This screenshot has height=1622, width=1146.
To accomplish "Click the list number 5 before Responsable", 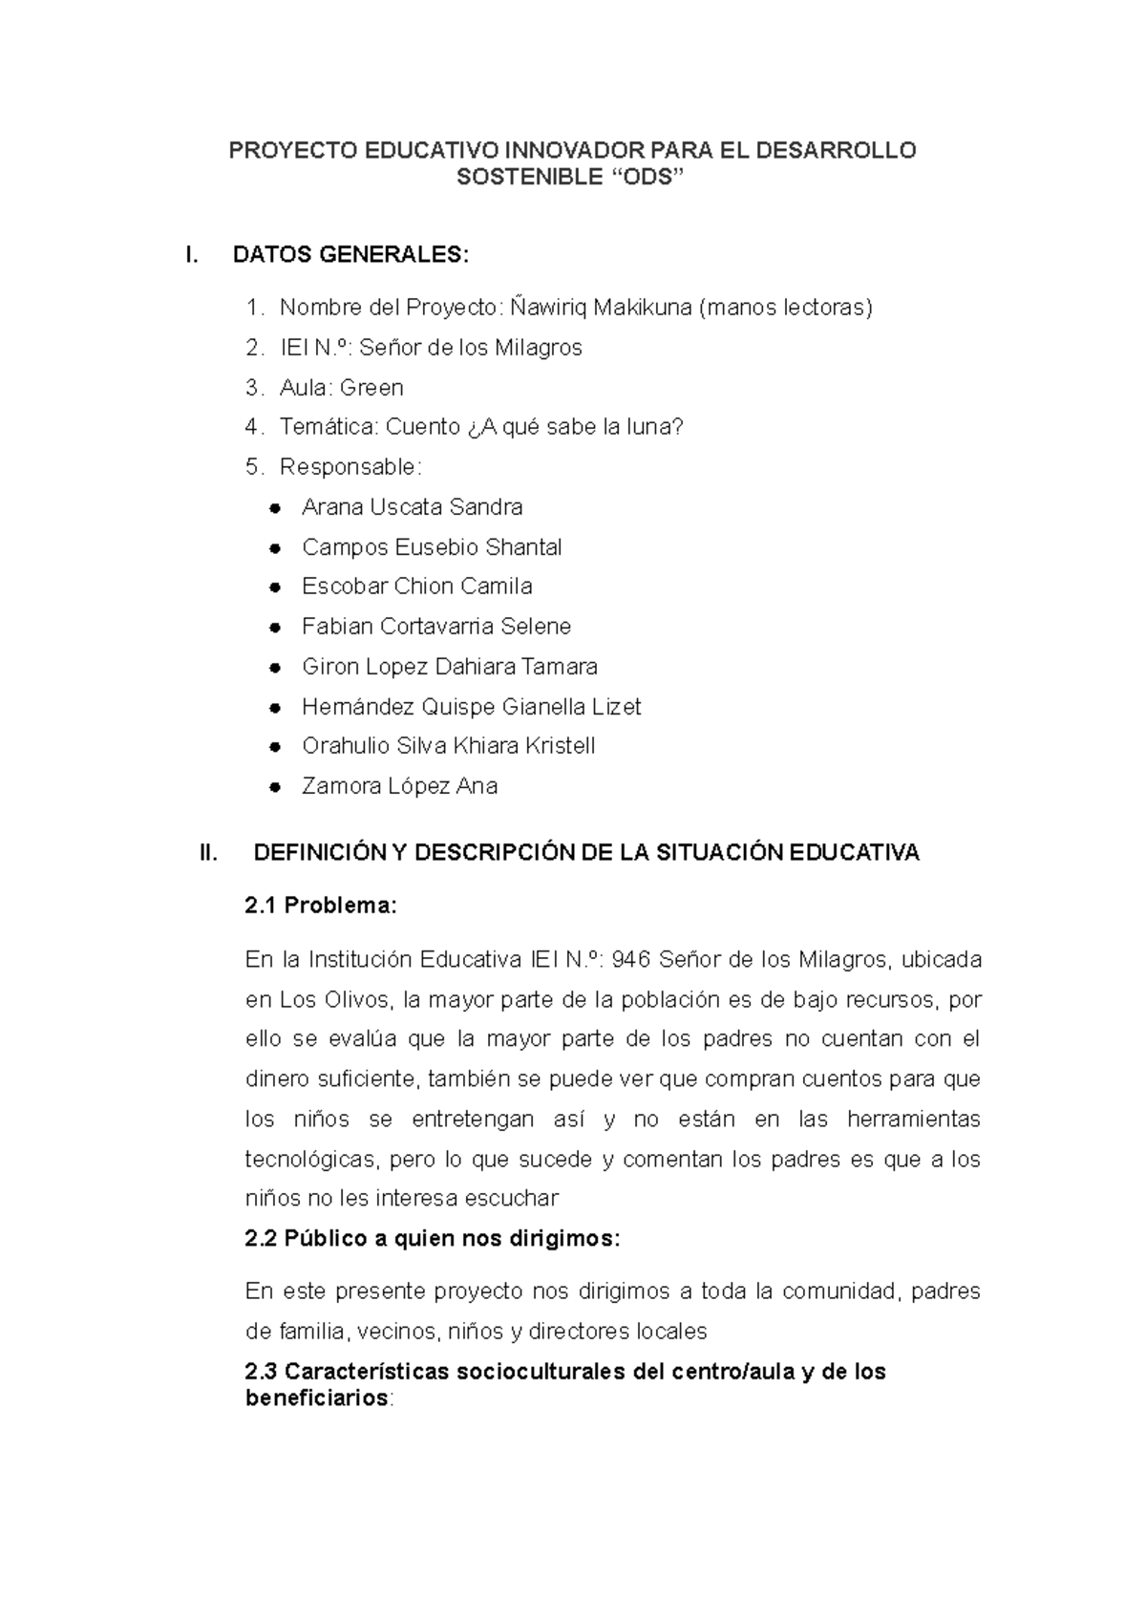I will click(252, 467).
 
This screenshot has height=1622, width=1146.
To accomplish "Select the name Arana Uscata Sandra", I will click(412, 507).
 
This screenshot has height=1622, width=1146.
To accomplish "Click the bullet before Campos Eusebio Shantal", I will click(274, 548).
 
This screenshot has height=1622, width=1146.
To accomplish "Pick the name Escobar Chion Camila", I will click(416, 587).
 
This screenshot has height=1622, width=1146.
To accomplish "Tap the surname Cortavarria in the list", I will click(436, 627).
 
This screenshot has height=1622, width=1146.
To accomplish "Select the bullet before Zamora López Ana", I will click(274, 787).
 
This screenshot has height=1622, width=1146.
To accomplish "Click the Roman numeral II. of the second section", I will click(208, 853).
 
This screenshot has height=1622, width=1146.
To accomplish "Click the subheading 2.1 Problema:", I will click(320, 906).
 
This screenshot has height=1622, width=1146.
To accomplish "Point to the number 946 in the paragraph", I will click(630, 959).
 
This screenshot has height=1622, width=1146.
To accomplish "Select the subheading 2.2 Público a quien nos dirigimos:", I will click(432, 1239).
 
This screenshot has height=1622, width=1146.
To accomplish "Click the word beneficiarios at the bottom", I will click(317, 1398).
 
